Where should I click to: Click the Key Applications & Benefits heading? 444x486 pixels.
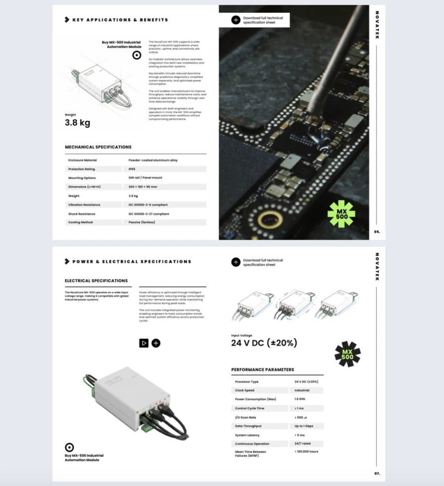(x=120, y=20)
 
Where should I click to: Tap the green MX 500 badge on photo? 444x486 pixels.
(x=341, y=213)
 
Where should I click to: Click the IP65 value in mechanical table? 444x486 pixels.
(x=132, y=169)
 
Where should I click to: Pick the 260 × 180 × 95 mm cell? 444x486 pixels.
(x=143, y=187)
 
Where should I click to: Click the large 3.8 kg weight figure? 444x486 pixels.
(x=77, y=123)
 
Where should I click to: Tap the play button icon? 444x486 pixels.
(x=144, y=343)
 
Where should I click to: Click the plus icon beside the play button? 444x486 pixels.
(x=156, y=343)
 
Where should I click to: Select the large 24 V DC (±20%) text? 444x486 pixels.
(x=264, y=343)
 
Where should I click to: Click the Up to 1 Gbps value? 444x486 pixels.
(x=304, y=426)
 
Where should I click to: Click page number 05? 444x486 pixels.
(x=377, y=231)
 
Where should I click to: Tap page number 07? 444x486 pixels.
(x=377, y=474)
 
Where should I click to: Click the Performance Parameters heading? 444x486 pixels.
(x=262, y=370)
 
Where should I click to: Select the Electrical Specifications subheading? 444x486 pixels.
(x=96, y=281)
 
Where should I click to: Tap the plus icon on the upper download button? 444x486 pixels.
(x=236, y=20)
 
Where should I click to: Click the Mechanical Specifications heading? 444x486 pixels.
(x=98, y=147)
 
